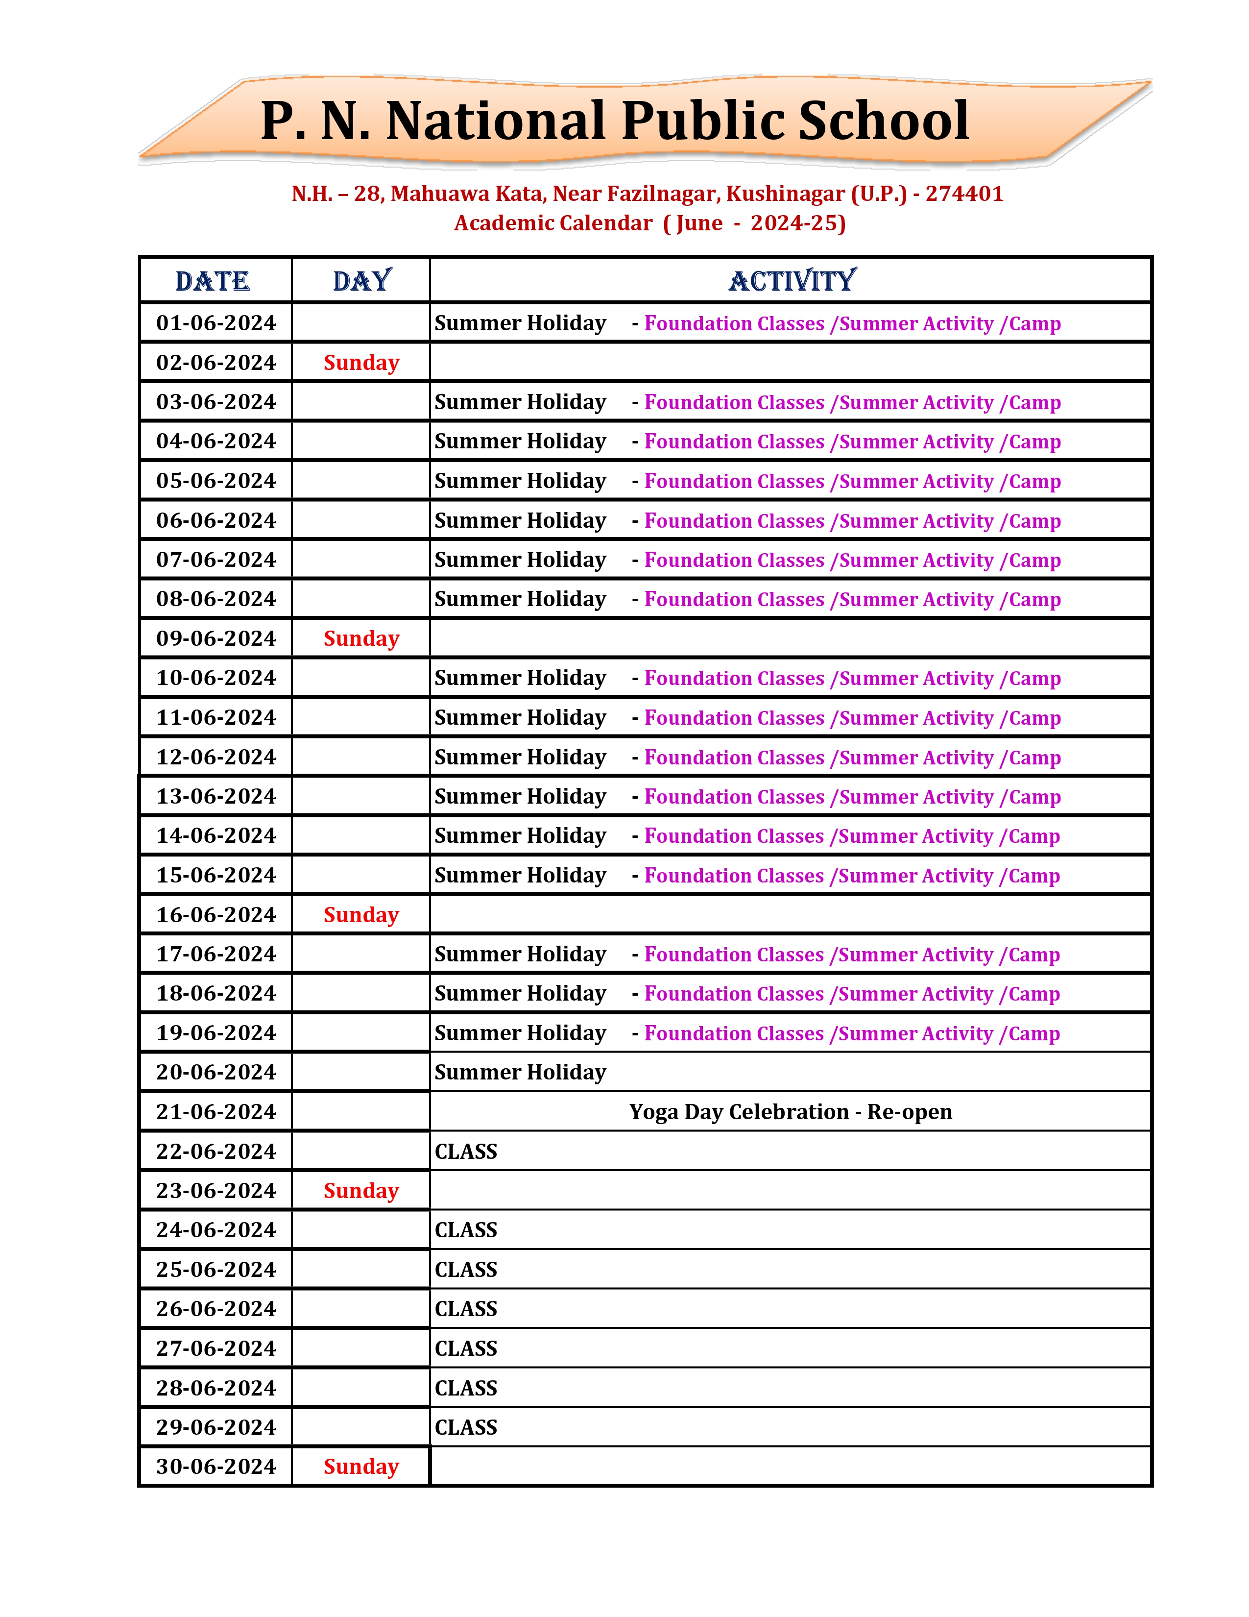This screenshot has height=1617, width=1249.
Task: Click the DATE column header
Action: [x=213, y=281]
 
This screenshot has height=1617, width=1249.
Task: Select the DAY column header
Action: [x=362, y=281]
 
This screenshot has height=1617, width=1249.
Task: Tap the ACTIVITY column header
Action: [x=791, y=281]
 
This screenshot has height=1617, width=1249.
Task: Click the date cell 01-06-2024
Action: [x=216, y=323]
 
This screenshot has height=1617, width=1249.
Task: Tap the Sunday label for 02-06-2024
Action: [x=361, y=363]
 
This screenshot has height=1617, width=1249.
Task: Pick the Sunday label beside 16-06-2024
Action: [x=361, y=915]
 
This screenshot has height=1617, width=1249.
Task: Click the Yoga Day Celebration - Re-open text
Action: [x=790, y=1112]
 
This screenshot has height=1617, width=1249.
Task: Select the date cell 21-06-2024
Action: [x=216, y=1112]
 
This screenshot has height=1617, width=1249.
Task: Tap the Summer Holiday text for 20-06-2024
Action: [x=520, y=1072]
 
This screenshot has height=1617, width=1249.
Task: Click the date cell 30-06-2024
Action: [x=216, y=1467]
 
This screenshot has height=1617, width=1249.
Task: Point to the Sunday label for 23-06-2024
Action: [x=361, y=1191]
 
